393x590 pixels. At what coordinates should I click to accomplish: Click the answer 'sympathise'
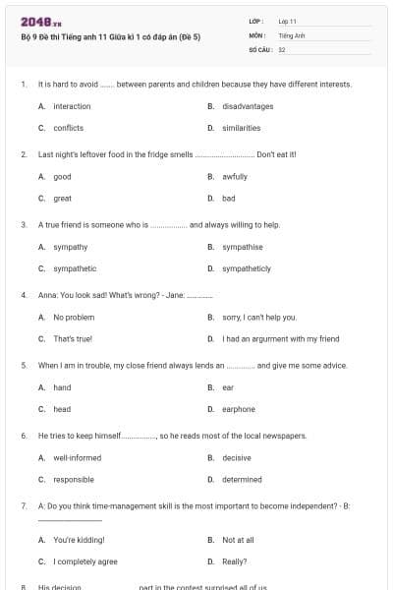pos(242,247)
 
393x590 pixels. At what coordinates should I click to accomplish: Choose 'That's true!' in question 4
pos(73,339)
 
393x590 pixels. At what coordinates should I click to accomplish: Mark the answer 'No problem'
pos(74,318)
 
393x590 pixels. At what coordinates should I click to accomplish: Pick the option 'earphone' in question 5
pos(239,409)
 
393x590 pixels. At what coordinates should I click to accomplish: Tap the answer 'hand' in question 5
pos(62,387)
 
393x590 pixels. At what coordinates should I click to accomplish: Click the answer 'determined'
pos(242,480)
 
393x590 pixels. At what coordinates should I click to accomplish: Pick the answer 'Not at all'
pos(238,540)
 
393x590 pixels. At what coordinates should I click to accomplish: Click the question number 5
pos(24,366)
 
